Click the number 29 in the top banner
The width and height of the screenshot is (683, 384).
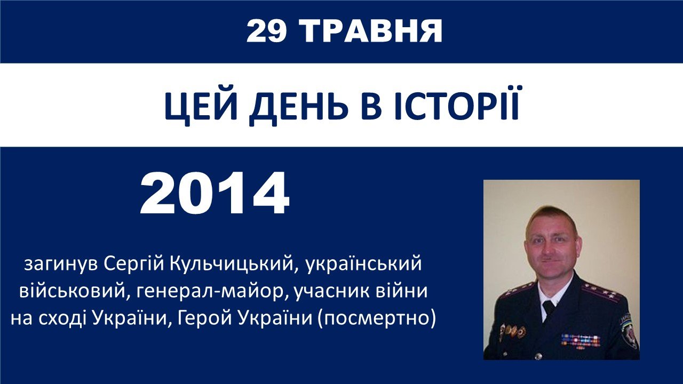click(x=266, y=30)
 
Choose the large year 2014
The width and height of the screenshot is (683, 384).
click(x=215, y=193)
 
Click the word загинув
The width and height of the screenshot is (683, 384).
click(x=61, y=264)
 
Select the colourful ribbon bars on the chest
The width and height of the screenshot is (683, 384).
click(x=581, y=340)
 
